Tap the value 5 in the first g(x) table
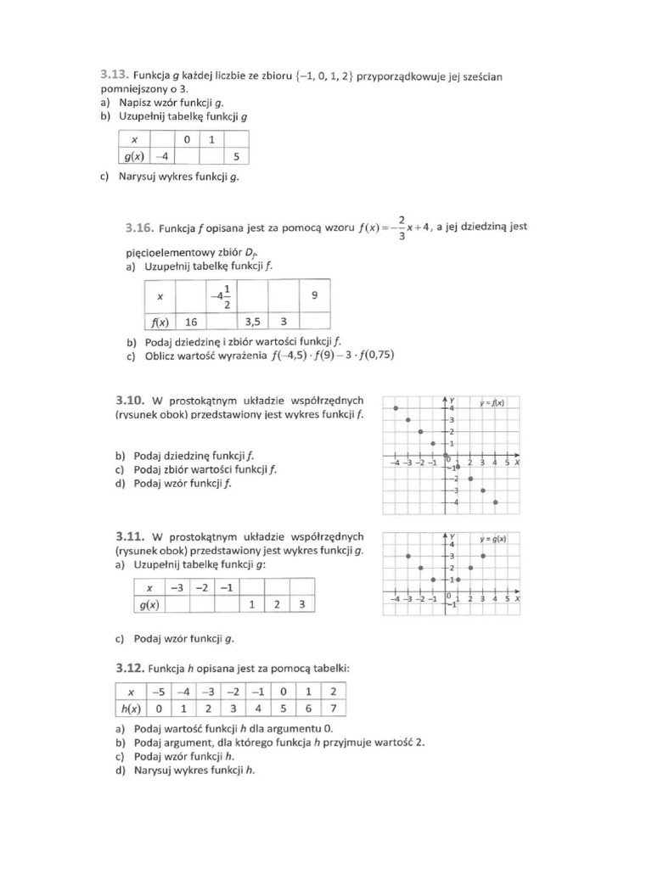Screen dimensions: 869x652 pos(236,157)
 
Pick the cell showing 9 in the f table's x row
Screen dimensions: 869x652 pos(315,295)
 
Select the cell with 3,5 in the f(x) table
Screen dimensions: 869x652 pos(253,322)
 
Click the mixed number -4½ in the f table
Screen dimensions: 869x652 pos(221,296)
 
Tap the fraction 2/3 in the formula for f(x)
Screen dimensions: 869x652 pos(401,227)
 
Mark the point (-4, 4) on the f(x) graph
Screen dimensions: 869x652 pos(396,409)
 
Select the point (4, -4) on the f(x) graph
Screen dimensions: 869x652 pos(495,502)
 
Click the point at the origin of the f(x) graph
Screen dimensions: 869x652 pos(446,456)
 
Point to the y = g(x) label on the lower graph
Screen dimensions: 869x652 pos(492,539)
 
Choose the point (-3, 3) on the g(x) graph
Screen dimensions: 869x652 pos(409,556)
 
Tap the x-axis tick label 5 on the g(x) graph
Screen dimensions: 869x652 pos(507,599)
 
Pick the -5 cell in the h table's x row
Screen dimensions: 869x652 pos(159,691)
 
